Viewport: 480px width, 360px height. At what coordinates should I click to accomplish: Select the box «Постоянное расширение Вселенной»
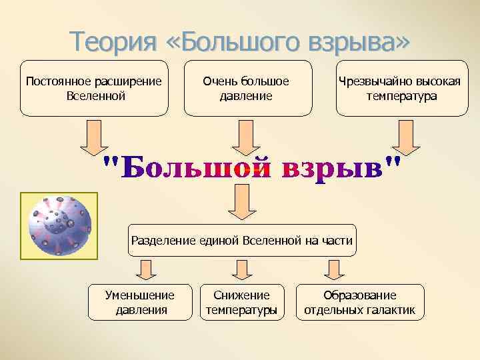click(x=93, y=88)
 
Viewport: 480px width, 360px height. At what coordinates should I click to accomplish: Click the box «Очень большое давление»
click(x=246, y=88)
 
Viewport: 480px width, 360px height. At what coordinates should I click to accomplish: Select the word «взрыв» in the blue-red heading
click(x=333, y=167)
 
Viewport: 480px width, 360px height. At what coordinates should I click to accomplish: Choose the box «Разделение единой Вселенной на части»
click(x=241, y=240)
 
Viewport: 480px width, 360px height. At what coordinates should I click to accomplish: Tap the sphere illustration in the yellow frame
click(x=59, y=225)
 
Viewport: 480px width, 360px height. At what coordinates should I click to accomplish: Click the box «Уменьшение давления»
click(x=141, y=302)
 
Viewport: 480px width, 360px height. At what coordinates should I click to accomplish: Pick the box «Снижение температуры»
click(x=241, y=302)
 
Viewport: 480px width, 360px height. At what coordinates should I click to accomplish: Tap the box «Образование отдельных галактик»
click(x=360, y=302)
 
